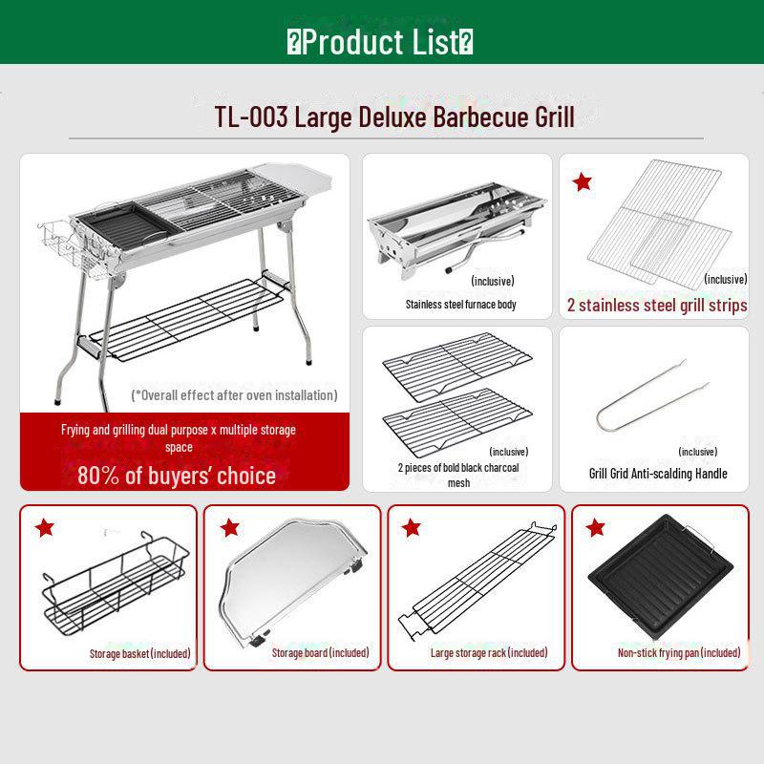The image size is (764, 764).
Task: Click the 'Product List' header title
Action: point(379,42)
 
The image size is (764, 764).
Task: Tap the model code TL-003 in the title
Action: point(251,117)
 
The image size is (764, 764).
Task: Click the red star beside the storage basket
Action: point(44,527)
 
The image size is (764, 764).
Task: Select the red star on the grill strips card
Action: point(582,181)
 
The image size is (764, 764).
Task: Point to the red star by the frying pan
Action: point(595,527)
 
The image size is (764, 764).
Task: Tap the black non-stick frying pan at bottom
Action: point(660,577)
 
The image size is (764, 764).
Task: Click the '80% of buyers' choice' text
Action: point(177,476)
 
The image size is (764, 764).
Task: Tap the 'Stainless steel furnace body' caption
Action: point(460,305)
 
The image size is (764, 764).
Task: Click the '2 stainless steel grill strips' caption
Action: point(657,306)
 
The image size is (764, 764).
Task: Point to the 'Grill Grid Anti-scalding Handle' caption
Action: point(658,474)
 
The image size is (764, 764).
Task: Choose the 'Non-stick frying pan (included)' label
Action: point(679,653)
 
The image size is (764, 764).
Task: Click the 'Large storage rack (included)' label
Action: point(489,653)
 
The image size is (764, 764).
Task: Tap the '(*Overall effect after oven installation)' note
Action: point(234,395)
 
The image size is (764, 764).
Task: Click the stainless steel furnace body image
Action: point(457,230)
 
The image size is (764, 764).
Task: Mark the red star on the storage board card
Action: point(229,527)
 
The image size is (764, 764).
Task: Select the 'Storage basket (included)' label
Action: point(139,653)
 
